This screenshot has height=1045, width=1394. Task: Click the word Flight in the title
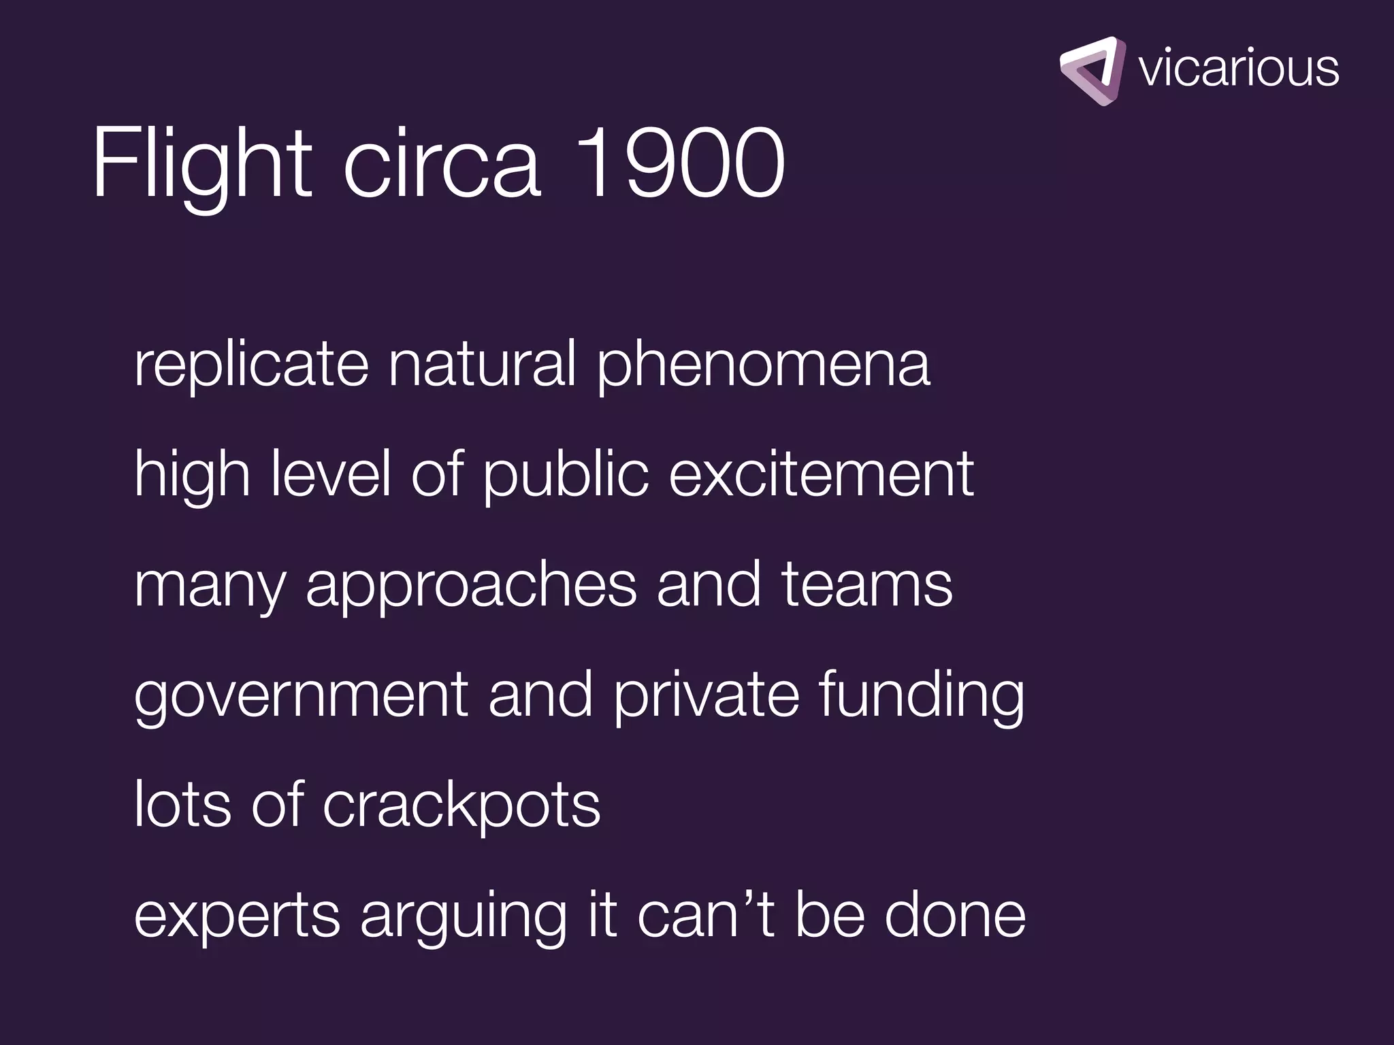202,163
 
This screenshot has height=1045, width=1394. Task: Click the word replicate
251,366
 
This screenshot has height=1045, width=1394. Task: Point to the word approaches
471,586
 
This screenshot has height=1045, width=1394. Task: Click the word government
302,697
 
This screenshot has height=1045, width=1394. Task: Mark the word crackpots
461,806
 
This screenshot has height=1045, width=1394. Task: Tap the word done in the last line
954,915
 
